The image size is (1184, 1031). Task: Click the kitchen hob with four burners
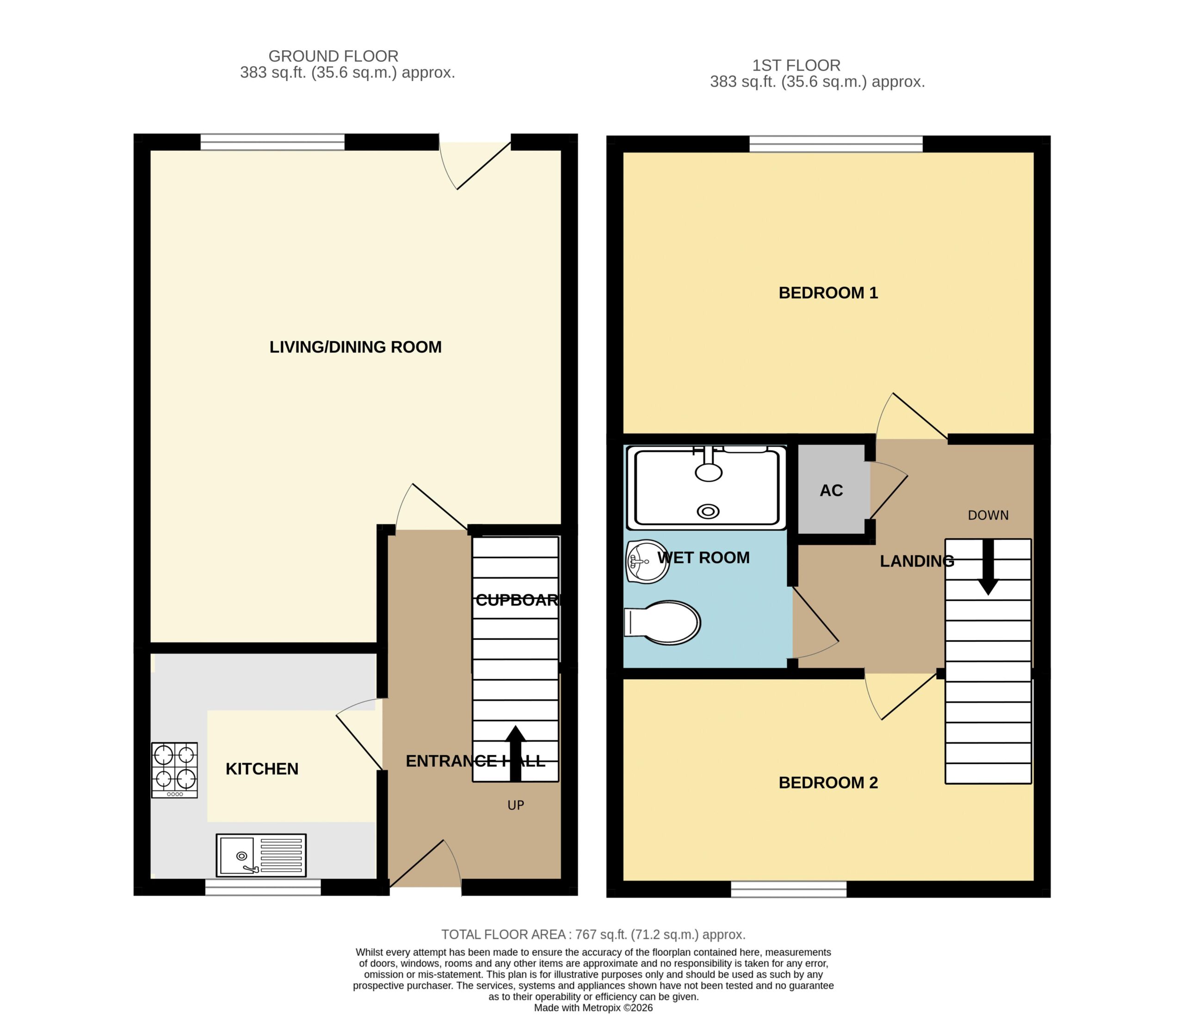tap(174, 770)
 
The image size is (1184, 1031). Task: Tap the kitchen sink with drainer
tap(261, 856)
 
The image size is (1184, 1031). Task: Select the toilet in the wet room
tap(662, 622)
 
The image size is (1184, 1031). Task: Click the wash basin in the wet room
tap(647, 561)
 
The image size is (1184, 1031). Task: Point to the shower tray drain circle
tap(708, 511)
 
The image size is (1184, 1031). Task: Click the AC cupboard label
tap(831, 491)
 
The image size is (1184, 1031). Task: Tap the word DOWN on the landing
tap(988, 515)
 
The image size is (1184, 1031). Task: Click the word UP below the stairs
tap(516, 806)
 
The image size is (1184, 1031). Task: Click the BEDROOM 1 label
tap(828, 293)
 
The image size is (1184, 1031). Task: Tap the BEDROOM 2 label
tap(828, 783)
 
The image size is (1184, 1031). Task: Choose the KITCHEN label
tap(262, 769)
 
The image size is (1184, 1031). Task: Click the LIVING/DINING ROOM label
tap(355, 347)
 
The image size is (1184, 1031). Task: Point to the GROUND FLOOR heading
tap(333, 56)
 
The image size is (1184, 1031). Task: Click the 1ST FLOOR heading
tap(796, 66)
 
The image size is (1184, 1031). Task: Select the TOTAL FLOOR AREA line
tap(593, 934)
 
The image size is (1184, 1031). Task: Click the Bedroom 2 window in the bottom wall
tap(789, 889)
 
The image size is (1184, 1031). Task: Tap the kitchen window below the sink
tap(263, 887)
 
